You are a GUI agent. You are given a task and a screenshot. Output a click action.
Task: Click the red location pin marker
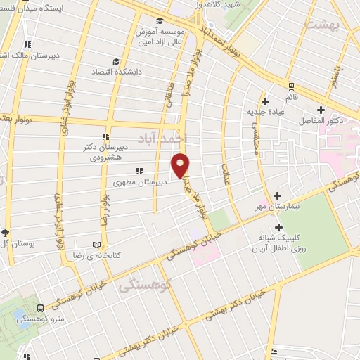[181, 165]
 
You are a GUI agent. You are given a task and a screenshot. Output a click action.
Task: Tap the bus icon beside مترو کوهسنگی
[40, 308]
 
